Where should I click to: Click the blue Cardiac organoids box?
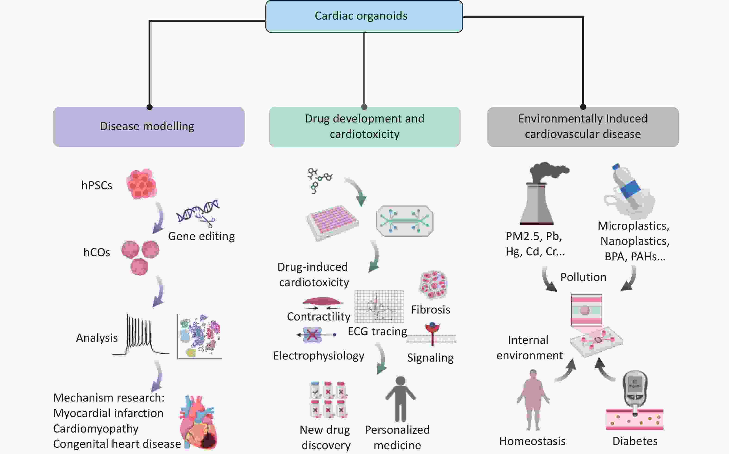coord(364,16)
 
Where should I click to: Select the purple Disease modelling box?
coord(149,127)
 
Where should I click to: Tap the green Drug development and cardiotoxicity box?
coord(364,127)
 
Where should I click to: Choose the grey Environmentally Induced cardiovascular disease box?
coord(583,127)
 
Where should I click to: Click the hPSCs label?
coord(97,185)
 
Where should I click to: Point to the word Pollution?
coord(583,277)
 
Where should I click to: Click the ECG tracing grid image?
coord(379,306)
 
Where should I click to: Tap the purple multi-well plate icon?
coord(333,222)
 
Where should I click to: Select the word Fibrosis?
coord(430,310)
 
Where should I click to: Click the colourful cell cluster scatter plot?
coord(200,336)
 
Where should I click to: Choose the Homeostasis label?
coord(532,441)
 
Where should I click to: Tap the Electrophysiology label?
coord(318,356)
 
